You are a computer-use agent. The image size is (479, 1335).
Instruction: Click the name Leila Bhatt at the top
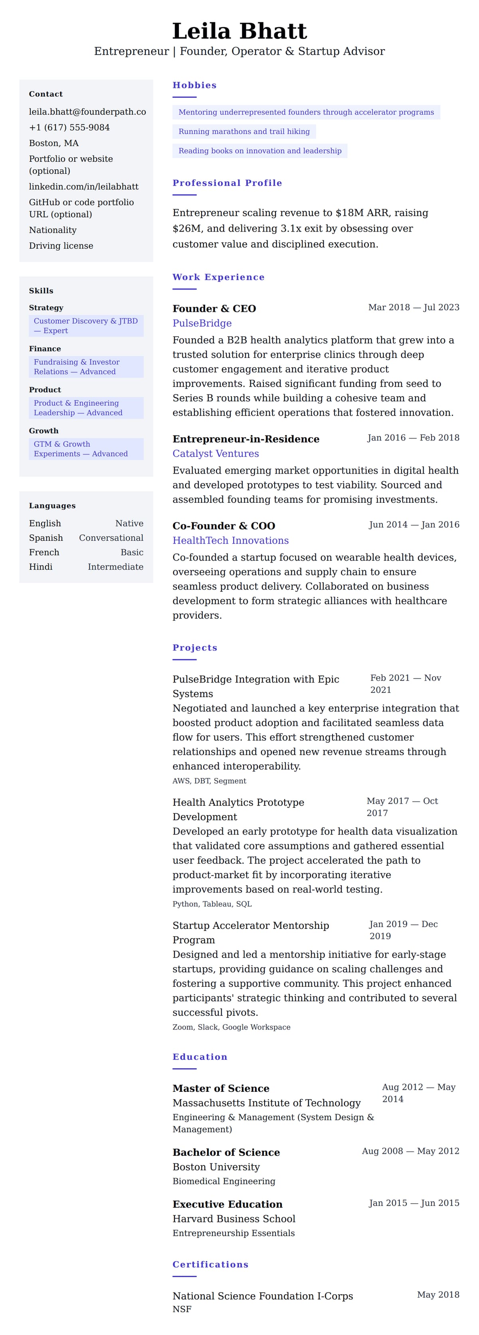[x=239, y=31]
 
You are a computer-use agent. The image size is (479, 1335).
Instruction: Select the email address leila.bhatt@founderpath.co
[x=87, y=112]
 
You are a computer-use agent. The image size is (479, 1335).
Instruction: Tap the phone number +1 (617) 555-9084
[x=69, y=127]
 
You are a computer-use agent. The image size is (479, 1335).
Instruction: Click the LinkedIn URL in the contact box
[x=83, y=186]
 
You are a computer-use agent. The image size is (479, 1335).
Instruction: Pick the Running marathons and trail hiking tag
[x=244, y=132]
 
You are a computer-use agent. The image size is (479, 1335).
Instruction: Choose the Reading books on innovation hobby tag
[x=260, y=151]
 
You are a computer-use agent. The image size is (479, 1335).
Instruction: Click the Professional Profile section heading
[x=227, y=183]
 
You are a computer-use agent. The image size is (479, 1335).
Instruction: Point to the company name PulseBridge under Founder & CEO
[x=202, y=323]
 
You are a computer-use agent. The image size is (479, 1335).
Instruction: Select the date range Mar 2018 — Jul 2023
[x=413, y=307]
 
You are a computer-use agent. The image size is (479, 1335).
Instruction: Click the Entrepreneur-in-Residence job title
[x=245, y=439]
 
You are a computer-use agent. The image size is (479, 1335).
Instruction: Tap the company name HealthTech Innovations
[x=230, y=541]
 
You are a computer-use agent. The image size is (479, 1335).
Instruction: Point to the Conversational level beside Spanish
[x=111, y=538]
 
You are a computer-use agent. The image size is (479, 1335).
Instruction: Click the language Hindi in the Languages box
[x=41, y=567]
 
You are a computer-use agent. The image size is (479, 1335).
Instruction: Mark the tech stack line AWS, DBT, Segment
[x=209, y=781]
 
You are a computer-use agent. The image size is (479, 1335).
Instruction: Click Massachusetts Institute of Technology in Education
[x=266, y=1103]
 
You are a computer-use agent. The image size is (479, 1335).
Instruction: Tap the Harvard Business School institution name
[x=234, y=1219]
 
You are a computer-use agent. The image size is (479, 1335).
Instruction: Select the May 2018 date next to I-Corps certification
[x=437, y=1295]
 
